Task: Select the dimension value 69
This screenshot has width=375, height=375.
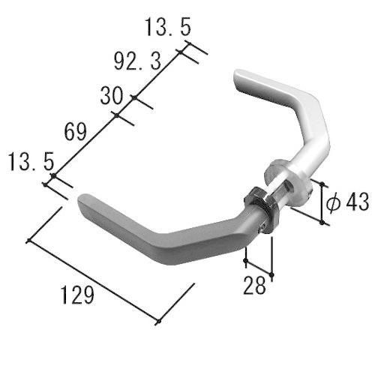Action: [75, 133]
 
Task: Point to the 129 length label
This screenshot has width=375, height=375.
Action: [79, 295]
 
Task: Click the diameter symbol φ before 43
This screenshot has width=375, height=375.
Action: [334, 201]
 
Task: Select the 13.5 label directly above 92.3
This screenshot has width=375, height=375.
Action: [166, 28]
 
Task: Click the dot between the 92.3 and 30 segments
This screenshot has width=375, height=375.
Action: [133, 97]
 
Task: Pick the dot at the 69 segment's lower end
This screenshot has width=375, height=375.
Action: [53, 176]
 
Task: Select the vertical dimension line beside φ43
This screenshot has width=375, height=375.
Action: [323, 202]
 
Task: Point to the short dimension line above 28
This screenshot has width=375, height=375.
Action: [259, 268]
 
